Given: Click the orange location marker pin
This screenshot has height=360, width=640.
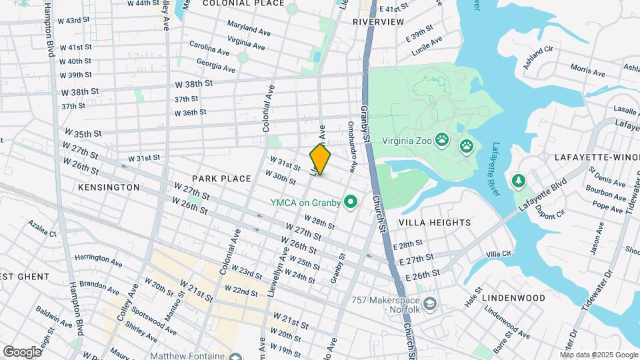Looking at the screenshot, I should (x=320, y=160).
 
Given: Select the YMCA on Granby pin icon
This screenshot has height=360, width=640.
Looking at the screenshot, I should (x=349, y=202).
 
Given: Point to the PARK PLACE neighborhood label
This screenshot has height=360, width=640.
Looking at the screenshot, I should (x=221, y=179).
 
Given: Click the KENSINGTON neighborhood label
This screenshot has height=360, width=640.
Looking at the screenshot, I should (x=109, y=187).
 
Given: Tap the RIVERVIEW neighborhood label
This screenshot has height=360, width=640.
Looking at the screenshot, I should (x=378, y=22).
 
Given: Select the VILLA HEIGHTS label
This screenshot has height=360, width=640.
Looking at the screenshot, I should (x=434, y=223).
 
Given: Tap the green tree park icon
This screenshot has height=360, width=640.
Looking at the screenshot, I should (x=518, y=181).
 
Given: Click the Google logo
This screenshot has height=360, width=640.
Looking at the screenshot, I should (x=22, y=351).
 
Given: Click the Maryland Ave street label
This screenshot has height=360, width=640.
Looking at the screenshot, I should (x=248, y=29).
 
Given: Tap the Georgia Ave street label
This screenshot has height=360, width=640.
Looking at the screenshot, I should (x=216, y=65).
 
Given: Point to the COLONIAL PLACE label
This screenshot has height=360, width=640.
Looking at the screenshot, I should (x=234, y=3).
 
